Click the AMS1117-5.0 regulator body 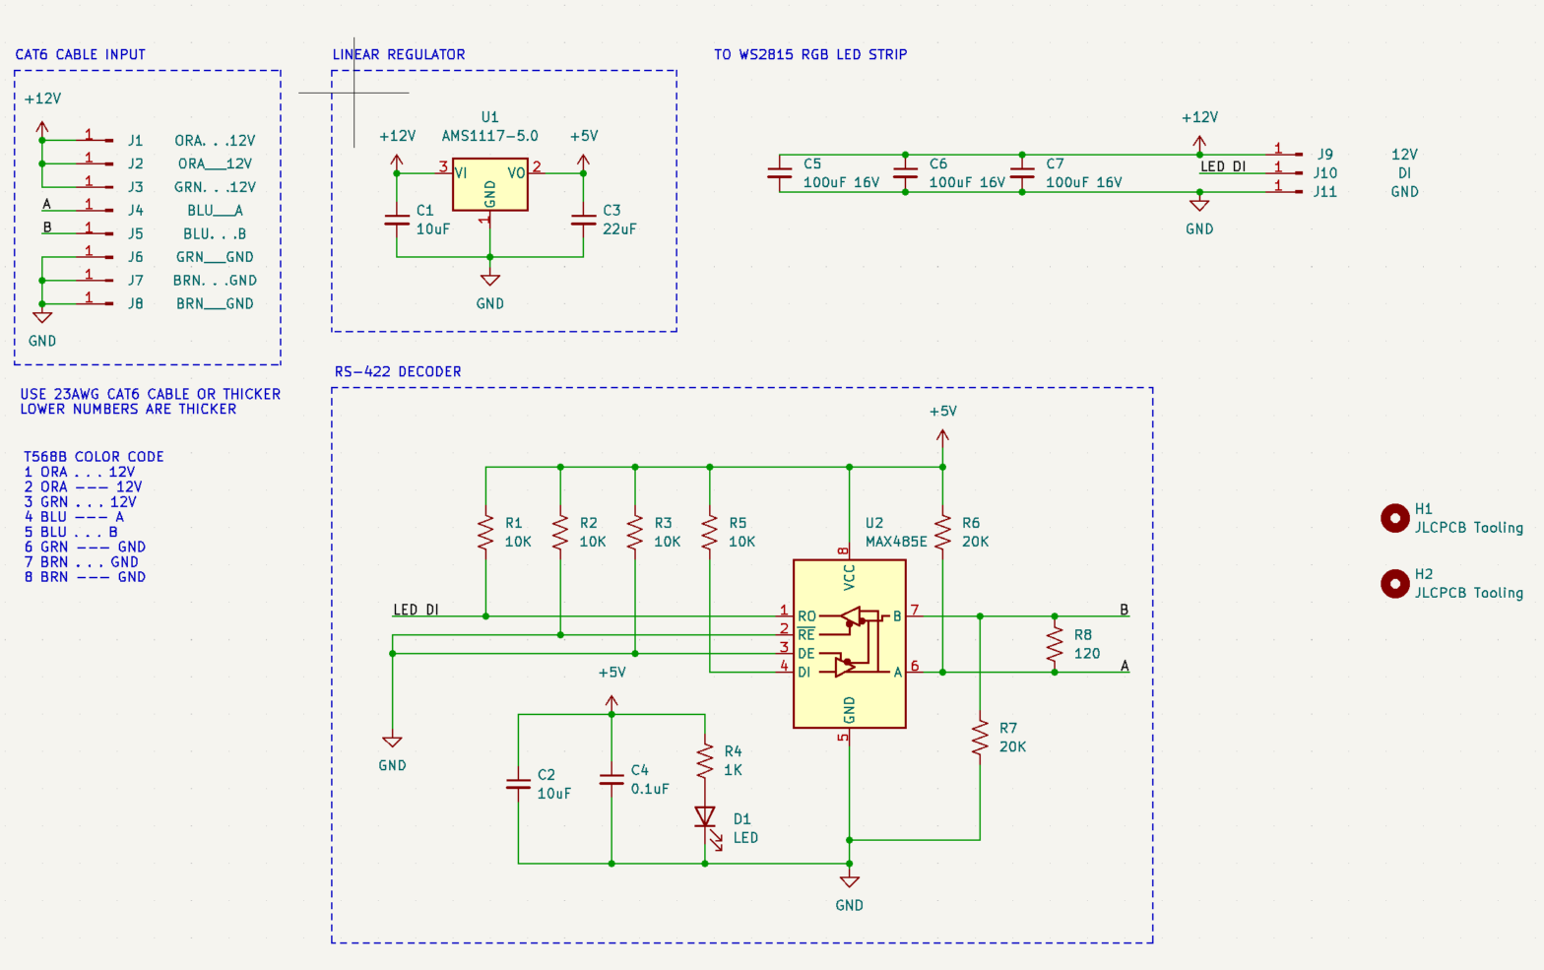tap(489, 185)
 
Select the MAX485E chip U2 tap(849, 644)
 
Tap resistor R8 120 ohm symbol tap(1055, 644)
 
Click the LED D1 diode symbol tap(705, 817)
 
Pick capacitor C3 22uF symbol tap(583, 221)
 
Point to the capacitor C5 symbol tap(780, 173)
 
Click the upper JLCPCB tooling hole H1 tap(1394, 518)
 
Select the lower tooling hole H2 tap(1394, 584)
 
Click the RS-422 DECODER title tap(398, 371)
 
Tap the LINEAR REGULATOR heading tap(399, 54)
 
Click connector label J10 tap(1324, 173)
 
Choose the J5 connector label tap(136, 233)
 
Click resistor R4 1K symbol tap(705, 760)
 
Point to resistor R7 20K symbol tap(980, 738)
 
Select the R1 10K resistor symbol tap(485, 532)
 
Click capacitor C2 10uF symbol tap(518, 784)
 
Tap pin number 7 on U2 tap(915, 611)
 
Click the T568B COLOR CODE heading tap(94, 456)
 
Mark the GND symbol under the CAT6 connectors tap(42, 318)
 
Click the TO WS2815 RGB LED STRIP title tap(810, 54)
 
